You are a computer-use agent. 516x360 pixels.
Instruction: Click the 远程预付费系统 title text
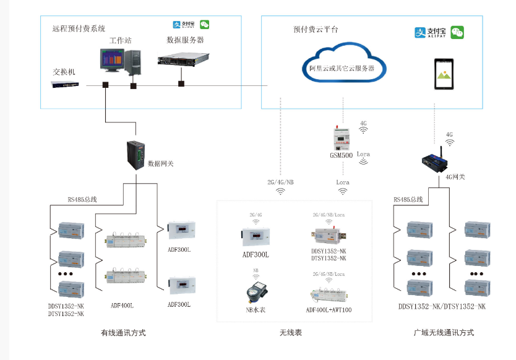pyautogui.click(x=79, y=28)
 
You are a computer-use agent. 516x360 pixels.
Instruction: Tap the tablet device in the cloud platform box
pyautogui.click(x=444, y=74)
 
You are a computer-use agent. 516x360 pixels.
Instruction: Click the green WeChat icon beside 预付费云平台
pyautogui.click(x=457, y=32)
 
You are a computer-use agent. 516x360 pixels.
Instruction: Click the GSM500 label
pyautogui.click(x=341, y=156)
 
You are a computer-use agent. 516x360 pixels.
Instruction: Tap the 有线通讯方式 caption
pyautogui.click(x=123, y=332)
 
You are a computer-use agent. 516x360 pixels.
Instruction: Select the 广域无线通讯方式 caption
pyautogui.click(x=444, y=332)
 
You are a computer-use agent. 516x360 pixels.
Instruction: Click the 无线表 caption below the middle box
pyautogui.click(x=291, y=332)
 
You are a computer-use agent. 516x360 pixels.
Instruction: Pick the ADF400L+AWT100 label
pyautogui.click(x=329, y=309)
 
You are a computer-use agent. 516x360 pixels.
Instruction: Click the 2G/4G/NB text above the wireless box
pyautogui.click(x=281, y=182)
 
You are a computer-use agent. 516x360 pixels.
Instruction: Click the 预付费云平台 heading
pyautogui.click(x=316, y=29)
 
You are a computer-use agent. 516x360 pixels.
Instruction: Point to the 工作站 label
pyautogui.click(x=121, y=40)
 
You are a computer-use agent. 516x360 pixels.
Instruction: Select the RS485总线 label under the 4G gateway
pyautogui.click(x=408, y=199)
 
